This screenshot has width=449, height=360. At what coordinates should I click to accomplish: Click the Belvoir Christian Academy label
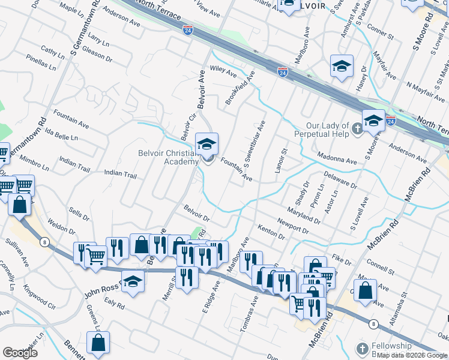click(x=168, y=157)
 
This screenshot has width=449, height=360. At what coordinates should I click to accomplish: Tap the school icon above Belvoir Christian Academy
click(x=207, y=144)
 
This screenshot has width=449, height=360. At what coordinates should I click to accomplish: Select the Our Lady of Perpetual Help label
click(x=328, y=129)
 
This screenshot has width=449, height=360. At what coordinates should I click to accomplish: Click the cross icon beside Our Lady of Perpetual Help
click(x=357, y=128)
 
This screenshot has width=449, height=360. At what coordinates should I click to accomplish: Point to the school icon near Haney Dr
click(x=342, y=66)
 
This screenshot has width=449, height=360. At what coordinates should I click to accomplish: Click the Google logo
click(x=20, y=352)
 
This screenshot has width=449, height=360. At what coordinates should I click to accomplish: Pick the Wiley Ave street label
click(x=223, y=71)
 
